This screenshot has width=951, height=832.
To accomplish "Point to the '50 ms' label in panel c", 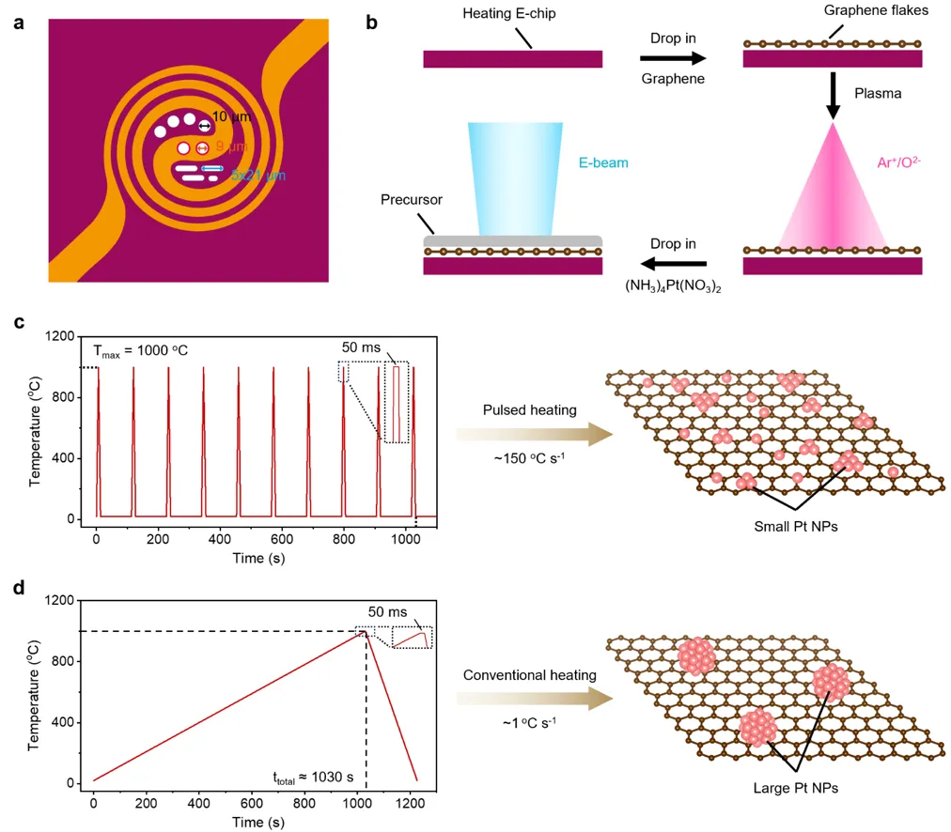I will pos(361,347).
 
